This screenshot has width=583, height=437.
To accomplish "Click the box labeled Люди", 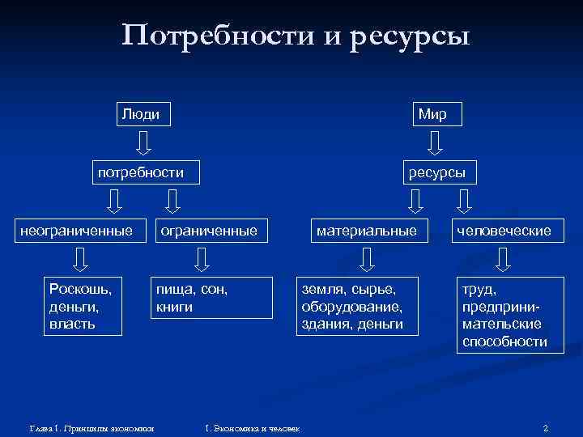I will click(x=141, y=114).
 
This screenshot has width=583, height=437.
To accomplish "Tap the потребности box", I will click(x=141, y=172).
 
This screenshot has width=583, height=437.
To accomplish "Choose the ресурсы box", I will click(x=438, y=172).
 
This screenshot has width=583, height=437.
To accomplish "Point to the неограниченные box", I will click(x=77, y=231).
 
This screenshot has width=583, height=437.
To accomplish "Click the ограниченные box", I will click(x=210, y=231).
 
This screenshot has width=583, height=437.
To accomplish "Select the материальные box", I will click(x=367, y=231).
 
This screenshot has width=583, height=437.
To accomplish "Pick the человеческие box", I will click(x=504, y=231).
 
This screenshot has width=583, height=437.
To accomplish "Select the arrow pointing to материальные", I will click(x=415, y=201).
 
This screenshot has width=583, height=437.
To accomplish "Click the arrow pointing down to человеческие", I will click(x=464, y=201).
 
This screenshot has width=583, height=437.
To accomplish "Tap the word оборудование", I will click(x=351, y=307).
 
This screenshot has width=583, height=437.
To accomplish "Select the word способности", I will click(x=504, y=342).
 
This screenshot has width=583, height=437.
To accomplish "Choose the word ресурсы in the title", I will click(x=411, y=36).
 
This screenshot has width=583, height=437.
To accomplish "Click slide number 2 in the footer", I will click(x=546, y=426).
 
